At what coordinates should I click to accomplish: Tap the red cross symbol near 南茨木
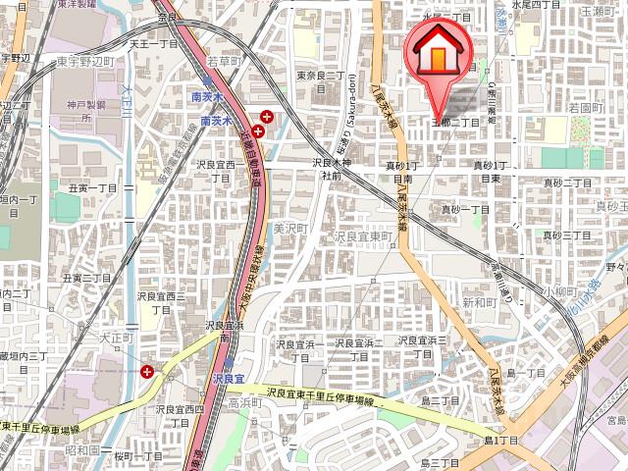258,130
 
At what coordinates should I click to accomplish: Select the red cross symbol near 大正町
147,371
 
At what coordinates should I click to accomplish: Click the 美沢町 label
290,228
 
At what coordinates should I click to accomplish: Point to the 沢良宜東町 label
363,237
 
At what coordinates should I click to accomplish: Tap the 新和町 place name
480,303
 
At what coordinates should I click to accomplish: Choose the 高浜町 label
241,403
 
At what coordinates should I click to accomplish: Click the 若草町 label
223,61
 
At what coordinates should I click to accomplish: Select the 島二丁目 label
441,400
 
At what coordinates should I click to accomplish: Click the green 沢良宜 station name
227,378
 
